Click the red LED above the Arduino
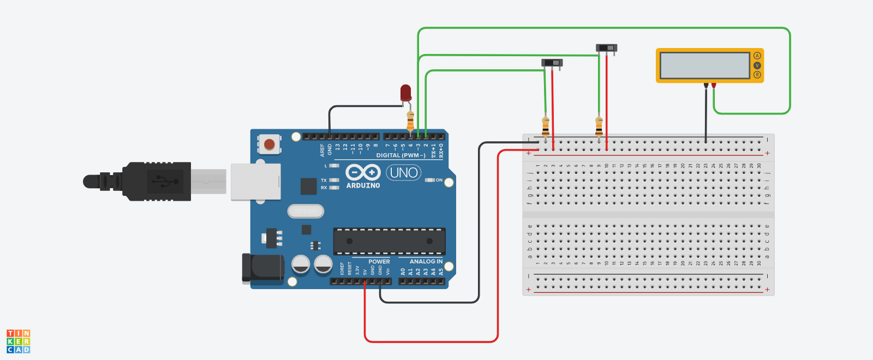tap(405, 92)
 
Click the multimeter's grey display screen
tap(705, 65)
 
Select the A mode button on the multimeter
tap(757, 56)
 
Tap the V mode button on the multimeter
tap(757, 65)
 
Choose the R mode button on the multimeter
tap(757, 75)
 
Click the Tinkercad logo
tap(19, 341)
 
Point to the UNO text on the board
tap(404, 173)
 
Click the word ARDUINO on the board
tap(363, 185)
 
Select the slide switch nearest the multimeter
tap(606, 48)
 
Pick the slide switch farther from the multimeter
tap(552, 63)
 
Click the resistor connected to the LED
tap(410, 121)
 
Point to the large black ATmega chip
tap(389, 241)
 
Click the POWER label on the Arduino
tap(379, 262)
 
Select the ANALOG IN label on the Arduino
tap(426, 262)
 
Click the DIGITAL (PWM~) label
tap(400, 155)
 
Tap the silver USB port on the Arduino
tap(255, 182)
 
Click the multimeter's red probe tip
tap(713, 86)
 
